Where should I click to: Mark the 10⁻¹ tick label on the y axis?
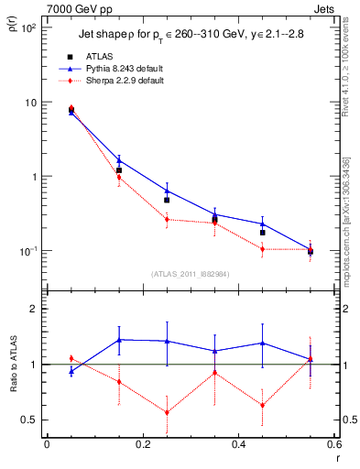point(27,251)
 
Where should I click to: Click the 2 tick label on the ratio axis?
point(33,310)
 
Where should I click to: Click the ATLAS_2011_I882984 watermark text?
point(190,273)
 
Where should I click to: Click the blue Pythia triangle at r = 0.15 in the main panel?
point(119,160)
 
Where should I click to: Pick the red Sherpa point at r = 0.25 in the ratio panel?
point(167,412)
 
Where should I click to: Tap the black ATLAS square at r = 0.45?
point(263,233)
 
